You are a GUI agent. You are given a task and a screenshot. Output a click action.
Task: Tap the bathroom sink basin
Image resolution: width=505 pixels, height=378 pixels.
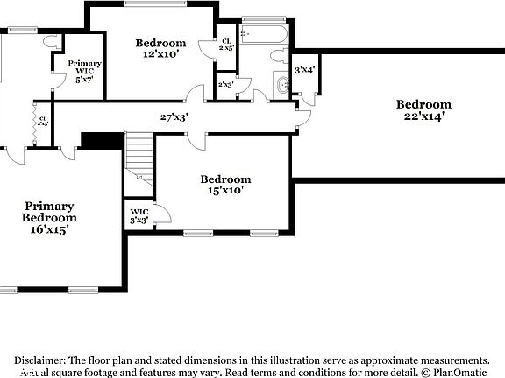point(281,86)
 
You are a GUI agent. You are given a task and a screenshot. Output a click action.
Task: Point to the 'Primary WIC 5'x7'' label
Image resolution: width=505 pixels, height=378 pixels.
point(85,71)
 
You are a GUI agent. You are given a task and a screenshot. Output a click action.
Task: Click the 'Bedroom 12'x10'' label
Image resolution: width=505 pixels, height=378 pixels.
point(160,48)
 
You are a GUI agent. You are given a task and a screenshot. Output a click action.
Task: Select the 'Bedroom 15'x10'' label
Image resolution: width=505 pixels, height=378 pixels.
point(224,184)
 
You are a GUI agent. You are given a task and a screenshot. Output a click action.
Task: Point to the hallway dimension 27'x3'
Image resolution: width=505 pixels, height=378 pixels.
point(174,116)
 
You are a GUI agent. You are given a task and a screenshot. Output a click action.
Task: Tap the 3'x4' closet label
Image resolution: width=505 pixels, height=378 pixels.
point(304,69)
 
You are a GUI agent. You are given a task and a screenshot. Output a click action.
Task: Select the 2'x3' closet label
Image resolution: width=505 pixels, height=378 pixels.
point(225,84)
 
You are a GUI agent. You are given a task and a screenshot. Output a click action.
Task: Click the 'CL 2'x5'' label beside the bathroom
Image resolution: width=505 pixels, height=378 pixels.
point(226,45)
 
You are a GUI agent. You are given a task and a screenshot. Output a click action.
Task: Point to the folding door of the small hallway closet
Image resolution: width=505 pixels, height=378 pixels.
point(36,115)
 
